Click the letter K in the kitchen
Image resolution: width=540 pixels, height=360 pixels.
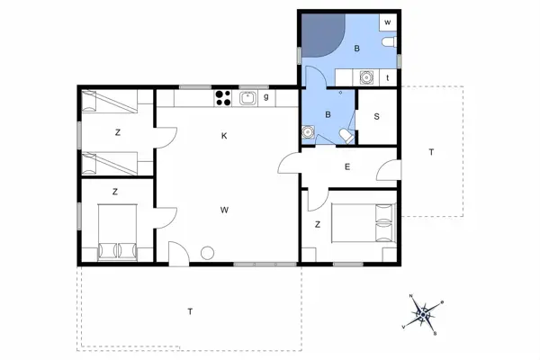pos(224,136)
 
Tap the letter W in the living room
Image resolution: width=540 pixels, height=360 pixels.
pos(223,210)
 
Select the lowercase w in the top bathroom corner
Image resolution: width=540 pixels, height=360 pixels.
pos(387,21)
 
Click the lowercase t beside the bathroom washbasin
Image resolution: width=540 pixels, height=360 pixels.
pos(387,78)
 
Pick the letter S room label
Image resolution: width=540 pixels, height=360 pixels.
pos(376,116)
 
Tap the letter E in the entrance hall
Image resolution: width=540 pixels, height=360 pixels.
pos(346,166)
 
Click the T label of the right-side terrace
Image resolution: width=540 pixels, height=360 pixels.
pos(431,152)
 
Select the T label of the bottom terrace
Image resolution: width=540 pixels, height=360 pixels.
pos(190,311)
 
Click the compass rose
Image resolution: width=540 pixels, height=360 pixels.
pos(425,315)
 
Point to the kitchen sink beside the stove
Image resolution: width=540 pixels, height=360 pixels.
pos(247,97)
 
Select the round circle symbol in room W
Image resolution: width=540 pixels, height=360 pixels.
pos(208,253)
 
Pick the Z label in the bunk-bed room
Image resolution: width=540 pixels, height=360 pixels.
pos(117,133)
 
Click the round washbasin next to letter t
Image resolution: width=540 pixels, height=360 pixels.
pos(367,77)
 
